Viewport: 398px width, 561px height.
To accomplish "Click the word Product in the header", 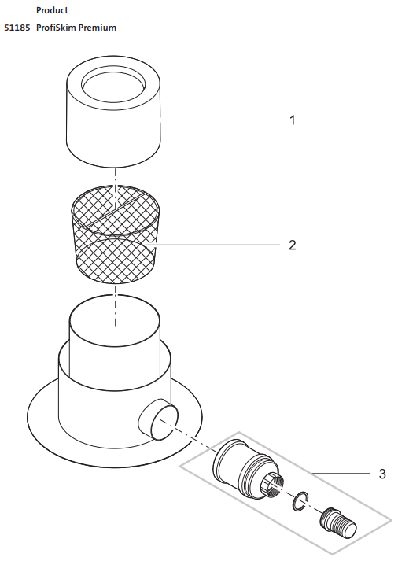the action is (x=52, y=10).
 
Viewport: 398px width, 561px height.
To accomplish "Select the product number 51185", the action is (x=17, y=28).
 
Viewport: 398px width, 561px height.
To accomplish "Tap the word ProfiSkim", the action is (x=56, y=28).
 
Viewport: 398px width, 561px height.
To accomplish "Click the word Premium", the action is (x=98, y=28).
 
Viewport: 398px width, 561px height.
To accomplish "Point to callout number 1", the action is (x=293, y=120).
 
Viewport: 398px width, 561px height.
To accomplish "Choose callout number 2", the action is (x=293, y=245).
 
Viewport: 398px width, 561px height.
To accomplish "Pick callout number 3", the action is (x=382, y=474).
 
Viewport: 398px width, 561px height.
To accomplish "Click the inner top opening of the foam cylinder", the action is (x=113, y=84).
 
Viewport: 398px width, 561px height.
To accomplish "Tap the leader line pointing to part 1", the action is (x=213, y=120).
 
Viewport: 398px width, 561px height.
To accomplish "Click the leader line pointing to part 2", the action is (x=212, y=245).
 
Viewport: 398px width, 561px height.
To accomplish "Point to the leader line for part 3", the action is (x=341, y=474).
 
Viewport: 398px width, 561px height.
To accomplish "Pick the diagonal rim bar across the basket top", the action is (x=115, y=209).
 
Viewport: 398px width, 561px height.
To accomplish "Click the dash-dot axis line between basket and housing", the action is (x=115, y=305).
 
